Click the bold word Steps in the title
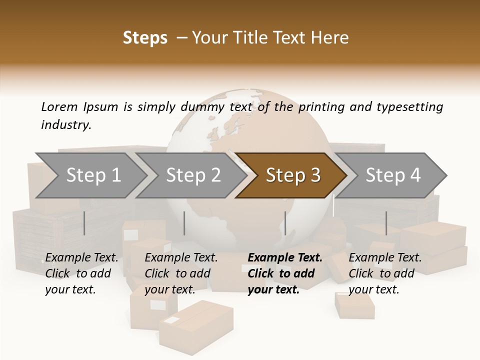(x=145, y=38)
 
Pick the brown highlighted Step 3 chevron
(x=293, y=175)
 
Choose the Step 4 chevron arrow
(x=393, y=175)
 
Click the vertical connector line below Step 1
(x=84, y=223)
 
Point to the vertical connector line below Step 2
(x=184, y=223)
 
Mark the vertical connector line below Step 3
(x=285, y=223)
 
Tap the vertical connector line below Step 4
(x=386, y=223)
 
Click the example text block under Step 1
(x=81, y=273)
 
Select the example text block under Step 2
(x=181, y=273)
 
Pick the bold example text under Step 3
(x=285, y=273)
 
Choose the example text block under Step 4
(x=385, y=273)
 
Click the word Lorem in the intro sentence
(x=59, y=106)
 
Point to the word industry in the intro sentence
(x=66, y=125)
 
